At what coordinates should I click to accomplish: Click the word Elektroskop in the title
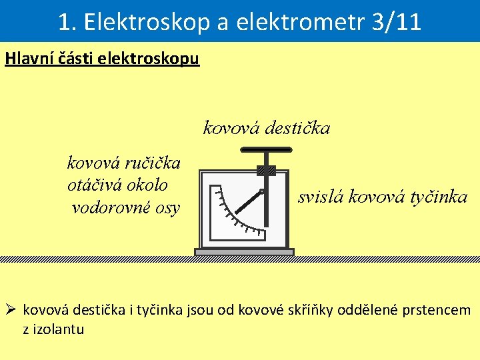click(x=133, y=22)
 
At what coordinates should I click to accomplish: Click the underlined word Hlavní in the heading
click(x=28, y=59)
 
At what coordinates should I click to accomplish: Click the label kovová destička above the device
click(x=266, y=127)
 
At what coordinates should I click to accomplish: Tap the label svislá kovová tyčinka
click(x=383, y=197)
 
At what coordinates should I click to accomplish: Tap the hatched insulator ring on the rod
click(x=266, y=171)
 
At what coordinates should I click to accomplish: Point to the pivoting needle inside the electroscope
click(x=248, y=203)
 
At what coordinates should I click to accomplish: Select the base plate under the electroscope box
click(x=244, y=252)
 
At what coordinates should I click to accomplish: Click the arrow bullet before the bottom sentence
click(x=12, y=310)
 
